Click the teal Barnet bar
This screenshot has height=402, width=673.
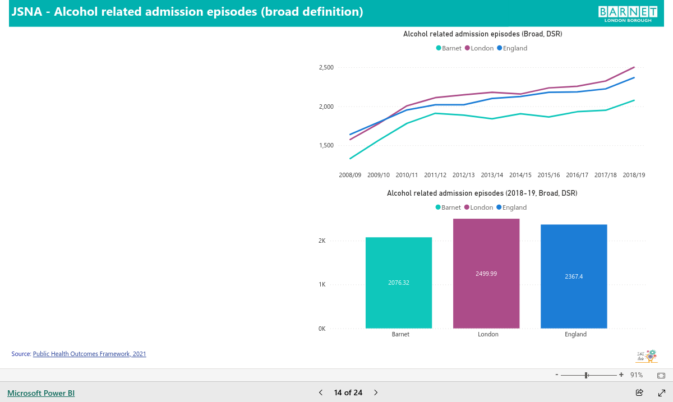[x=399, y=283]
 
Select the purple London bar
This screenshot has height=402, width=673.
[x=486, y=274]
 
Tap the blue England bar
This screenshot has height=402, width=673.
[x=574, y=276]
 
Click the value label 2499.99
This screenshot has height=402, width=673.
[x=486, y=274]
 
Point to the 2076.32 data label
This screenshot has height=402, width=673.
[x=399, y=283]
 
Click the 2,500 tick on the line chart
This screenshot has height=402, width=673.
[x=326, y=67]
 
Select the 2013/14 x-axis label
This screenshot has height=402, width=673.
[x=492, y=175]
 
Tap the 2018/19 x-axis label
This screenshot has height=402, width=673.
[x=634, y=175]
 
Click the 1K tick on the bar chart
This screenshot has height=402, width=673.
[x=322, y=284]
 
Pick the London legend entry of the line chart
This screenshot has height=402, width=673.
[x=479, y=48]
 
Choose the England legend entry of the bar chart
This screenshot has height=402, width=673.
[x=511, y=207]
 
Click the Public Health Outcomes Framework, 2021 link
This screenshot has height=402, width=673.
[x=90, y=354]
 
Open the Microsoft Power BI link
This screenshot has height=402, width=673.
[x=41, y=393]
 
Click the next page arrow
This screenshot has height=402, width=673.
[x=376, y=392]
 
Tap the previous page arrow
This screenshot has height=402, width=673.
[x=321, y=392]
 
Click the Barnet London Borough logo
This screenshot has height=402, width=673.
[x=628, y=14]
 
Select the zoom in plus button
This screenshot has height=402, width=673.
[x=621, y=375]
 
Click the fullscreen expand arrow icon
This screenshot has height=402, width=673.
[x=662, y=392]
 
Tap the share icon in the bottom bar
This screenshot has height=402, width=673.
[x=639, y=392]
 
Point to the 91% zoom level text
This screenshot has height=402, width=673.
[x=637, y=375]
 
